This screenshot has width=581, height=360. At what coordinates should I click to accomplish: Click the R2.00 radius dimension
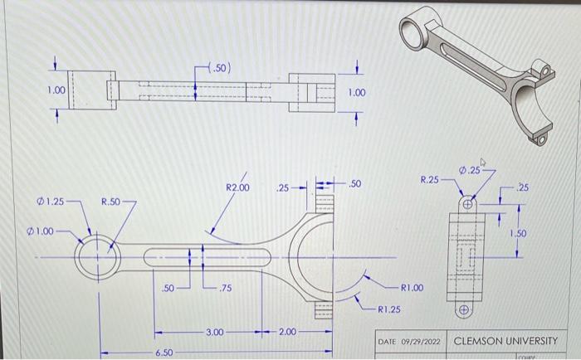tap(237, 188)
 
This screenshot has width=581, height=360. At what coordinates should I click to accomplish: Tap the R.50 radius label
tap(111, 202)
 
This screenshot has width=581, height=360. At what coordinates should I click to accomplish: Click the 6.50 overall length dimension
tap(164, 352)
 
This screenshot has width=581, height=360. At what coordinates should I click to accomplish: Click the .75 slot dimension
tap(225, 289)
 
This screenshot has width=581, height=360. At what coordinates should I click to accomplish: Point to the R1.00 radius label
tap(412, 289)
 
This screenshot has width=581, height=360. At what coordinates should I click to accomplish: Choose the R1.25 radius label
tap(389, 310)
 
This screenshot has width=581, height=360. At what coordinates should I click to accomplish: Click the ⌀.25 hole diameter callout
tap(471, 170)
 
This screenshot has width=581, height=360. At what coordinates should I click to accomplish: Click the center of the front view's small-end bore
tap(99, 255)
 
